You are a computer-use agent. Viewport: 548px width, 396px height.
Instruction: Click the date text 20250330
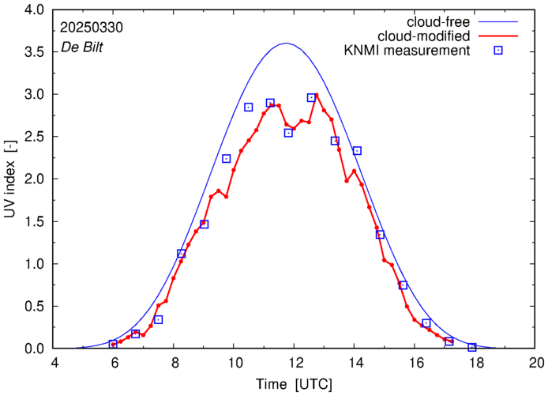92,27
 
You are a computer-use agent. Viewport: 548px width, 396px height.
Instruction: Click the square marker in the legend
497,51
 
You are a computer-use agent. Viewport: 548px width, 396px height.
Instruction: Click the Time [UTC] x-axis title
294,385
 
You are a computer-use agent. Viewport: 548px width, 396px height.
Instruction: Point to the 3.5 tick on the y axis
35,52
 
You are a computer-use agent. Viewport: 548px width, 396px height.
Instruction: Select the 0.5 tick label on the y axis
35,307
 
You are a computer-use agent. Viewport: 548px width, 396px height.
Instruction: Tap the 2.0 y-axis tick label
35,179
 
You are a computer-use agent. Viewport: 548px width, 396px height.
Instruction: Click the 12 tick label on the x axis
295,364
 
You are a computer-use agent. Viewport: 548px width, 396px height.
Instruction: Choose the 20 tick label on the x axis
536,364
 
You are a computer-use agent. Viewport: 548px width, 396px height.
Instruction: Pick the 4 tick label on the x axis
54,364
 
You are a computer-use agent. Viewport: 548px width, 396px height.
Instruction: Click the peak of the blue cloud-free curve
286,43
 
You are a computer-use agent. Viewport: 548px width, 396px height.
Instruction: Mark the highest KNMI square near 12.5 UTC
311,97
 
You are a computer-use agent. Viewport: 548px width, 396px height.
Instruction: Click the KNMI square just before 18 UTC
472,347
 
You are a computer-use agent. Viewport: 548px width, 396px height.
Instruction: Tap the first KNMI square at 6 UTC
113,344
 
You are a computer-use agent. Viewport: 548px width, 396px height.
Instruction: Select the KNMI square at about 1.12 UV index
182,254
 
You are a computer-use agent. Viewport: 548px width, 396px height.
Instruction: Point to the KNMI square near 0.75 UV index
403,285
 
